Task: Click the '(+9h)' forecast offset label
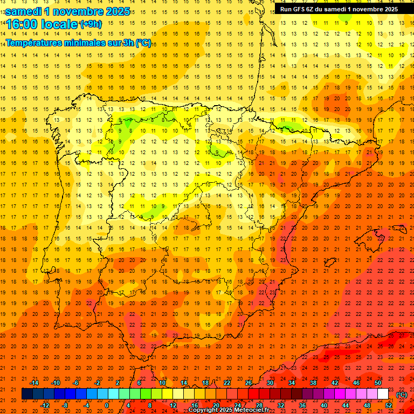tap(90, 24)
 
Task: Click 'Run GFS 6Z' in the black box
tap(298, 9)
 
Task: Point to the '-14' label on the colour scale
tap(34, 382)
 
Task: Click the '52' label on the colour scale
tap(389, 405)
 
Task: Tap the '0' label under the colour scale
tap(107, 405)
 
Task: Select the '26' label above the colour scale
tap(249, 382)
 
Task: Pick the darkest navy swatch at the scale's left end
tap(27, 394)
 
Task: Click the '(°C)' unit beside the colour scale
tap(402, 395)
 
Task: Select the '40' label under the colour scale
tap(323, 405)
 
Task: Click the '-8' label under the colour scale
tap(65, 405)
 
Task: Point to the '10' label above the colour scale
tap(162, 382)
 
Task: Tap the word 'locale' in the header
tap(59, 25)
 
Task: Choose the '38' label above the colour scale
tap(313, 382)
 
